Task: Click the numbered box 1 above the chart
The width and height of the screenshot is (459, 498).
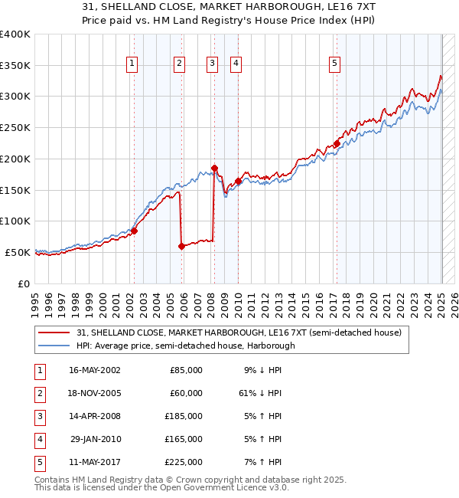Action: [132, 64]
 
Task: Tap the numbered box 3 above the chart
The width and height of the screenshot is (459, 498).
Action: [212, 64]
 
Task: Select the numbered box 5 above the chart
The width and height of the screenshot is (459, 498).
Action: [335, 64]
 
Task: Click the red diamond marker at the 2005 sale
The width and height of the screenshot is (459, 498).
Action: [182, 246]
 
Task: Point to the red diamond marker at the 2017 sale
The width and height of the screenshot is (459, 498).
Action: [337, 143]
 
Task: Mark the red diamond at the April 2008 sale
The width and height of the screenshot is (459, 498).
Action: [214, 168]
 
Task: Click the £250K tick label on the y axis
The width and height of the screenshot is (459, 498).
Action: [15, 127]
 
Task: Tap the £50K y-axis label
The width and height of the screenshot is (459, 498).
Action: [18, 252]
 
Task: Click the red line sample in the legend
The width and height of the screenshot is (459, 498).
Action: [54, 332]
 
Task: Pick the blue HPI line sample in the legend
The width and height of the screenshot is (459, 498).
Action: [54, 346]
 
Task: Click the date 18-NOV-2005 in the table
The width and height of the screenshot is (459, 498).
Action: [95, 393]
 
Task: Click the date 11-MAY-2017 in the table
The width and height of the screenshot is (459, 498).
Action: [95, 462]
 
